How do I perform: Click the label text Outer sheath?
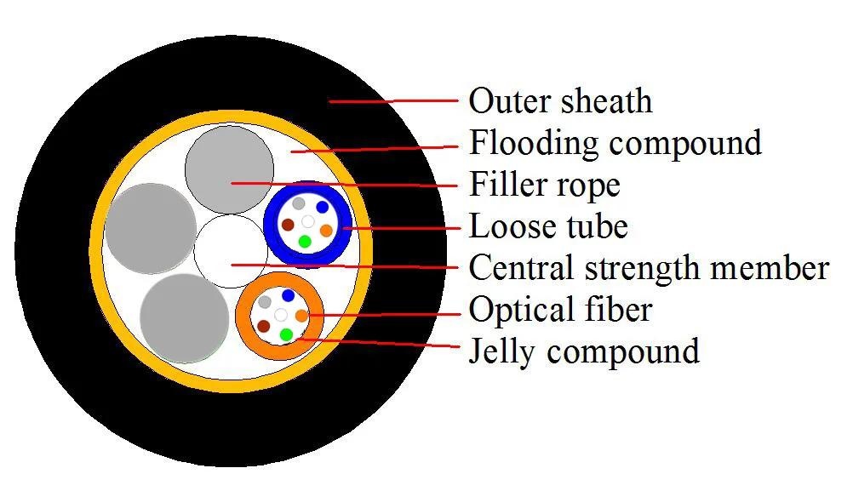pyautogui.click(x=560, y=100)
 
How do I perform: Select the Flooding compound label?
pyautogui.click(x=615, y=142)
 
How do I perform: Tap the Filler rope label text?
pyautogui.click(x=545, y=184)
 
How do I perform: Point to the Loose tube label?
pyautogui.click(x=548, y=226)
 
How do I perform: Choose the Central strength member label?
pyautogui.click(x=649, y=267)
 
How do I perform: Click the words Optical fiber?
pyautogui.click(x=560, y=309)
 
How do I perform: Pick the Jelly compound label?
pyautogui.click(x=584, y=350)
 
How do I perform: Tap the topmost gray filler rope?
pyautogui.click(x=230, y=168)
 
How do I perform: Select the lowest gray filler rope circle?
pyautogui.click(x=183, y=316)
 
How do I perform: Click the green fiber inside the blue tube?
pyautogui.click(x=305, y=242)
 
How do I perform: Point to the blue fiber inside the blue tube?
pyautogui.click(x=322, y=207)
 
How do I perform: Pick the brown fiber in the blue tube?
pyautogui.click(x=288, y=225)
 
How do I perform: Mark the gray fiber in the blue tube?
pyautogui.click(x=298, y=204)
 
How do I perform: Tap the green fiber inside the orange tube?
pyautogui.click(x=286, y=334)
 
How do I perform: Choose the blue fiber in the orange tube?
pyautogui.click(x=289, y=295)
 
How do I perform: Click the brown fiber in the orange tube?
pyautogui.click(x=264, y=326)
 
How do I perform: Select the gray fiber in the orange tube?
pyautogui.click(x=266, y=302)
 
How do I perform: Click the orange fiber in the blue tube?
pyautogui.click(x=326, y=230)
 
